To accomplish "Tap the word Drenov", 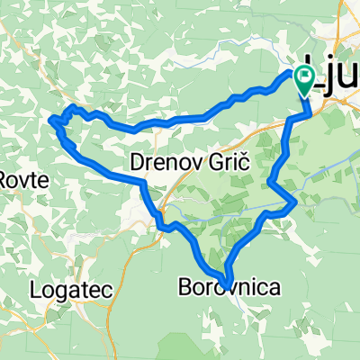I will (x=163, y=163).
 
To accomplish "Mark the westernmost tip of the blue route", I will (x=49, y=118).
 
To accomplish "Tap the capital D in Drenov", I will (x=139, y=163).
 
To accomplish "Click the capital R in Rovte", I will (x=4, y=178).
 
